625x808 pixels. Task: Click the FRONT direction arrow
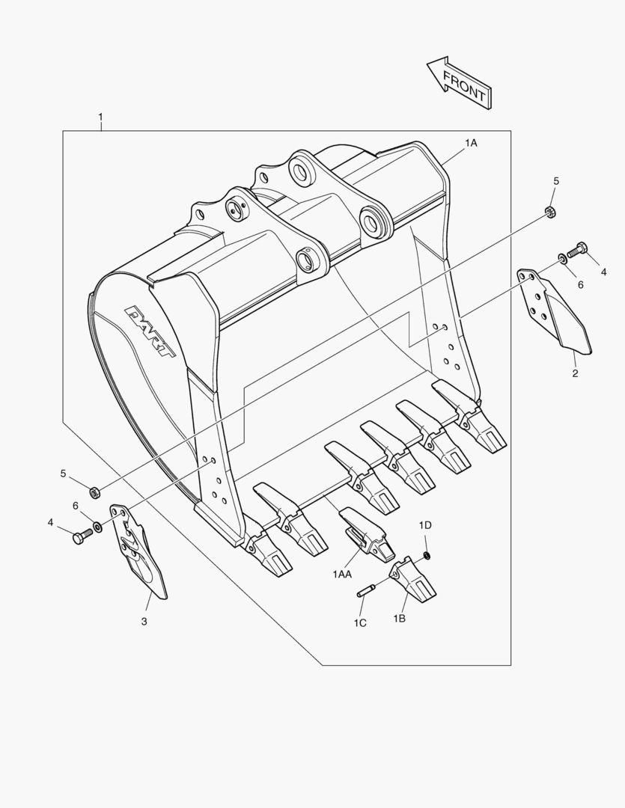459,82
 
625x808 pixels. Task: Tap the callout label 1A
470,142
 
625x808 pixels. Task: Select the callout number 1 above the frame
100,117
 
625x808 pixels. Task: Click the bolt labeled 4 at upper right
579,249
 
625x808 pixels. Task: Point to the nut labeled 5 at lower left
94,492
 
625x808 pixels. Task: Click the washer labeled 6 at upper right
562,259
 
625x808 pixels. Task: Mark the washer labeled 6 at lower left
98,530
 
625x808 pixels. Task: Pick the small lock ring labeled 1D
426,554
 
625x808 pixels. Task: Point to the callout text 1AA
343,573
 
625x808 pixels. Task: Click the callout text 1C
360,622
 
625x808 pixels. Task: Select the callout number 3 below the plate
144,621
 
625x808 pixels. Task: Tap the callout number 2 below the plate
575,373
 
